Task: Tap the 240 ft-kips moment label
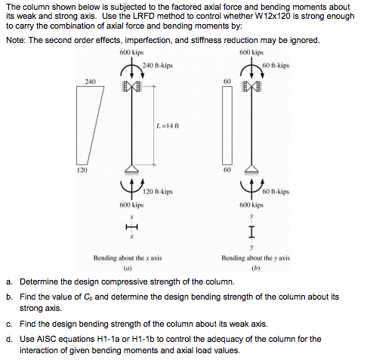point(157,66)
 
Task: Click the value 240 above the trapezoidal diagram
point(91,80)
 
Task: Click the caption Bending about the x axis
point(128,258)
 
